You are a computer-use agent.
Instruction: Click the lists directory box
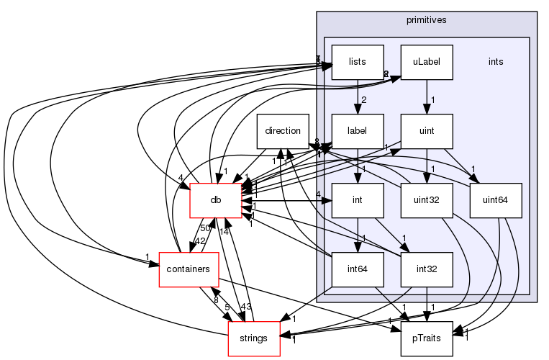pos(357,62)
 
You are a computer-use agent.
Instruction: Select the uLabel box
pos(427,62)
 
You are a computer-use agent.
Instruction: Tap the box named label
pos(357,131)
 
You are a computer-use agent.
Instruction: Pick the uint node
pos(427,131)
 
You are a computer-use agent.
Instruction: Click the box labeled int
pos(357,200)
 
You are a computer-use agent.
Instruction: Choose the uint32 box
pos(427,200)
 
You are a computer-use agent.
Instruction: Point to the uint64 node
pos(496,200)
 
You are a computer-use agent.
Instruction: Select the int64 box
pos(357,269)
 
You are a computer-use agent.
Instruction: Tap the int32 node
pos(427,269)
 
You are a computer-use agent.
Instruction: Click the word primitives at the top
pos(427,20)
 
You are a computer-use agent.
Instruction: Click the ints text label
pos(496,62)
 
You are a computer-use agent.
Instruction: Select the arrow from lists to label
pos(357,96)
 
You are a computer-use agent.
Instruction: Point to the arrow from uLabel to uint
pos(427,96)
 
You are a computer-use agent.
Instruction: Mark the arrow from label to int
pos(357,166)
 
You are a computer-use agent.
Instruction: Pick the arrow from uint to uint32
pos(427,166)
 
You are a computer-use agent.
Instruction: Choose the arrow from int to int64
pos(357,235)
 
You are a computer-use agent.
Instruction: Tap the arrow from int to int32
pos(391,235)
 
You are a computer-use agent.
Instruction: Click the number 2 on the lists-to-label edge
pos(364,100)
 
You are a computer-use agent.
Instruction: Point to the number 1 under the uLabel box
pos(434,100)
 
